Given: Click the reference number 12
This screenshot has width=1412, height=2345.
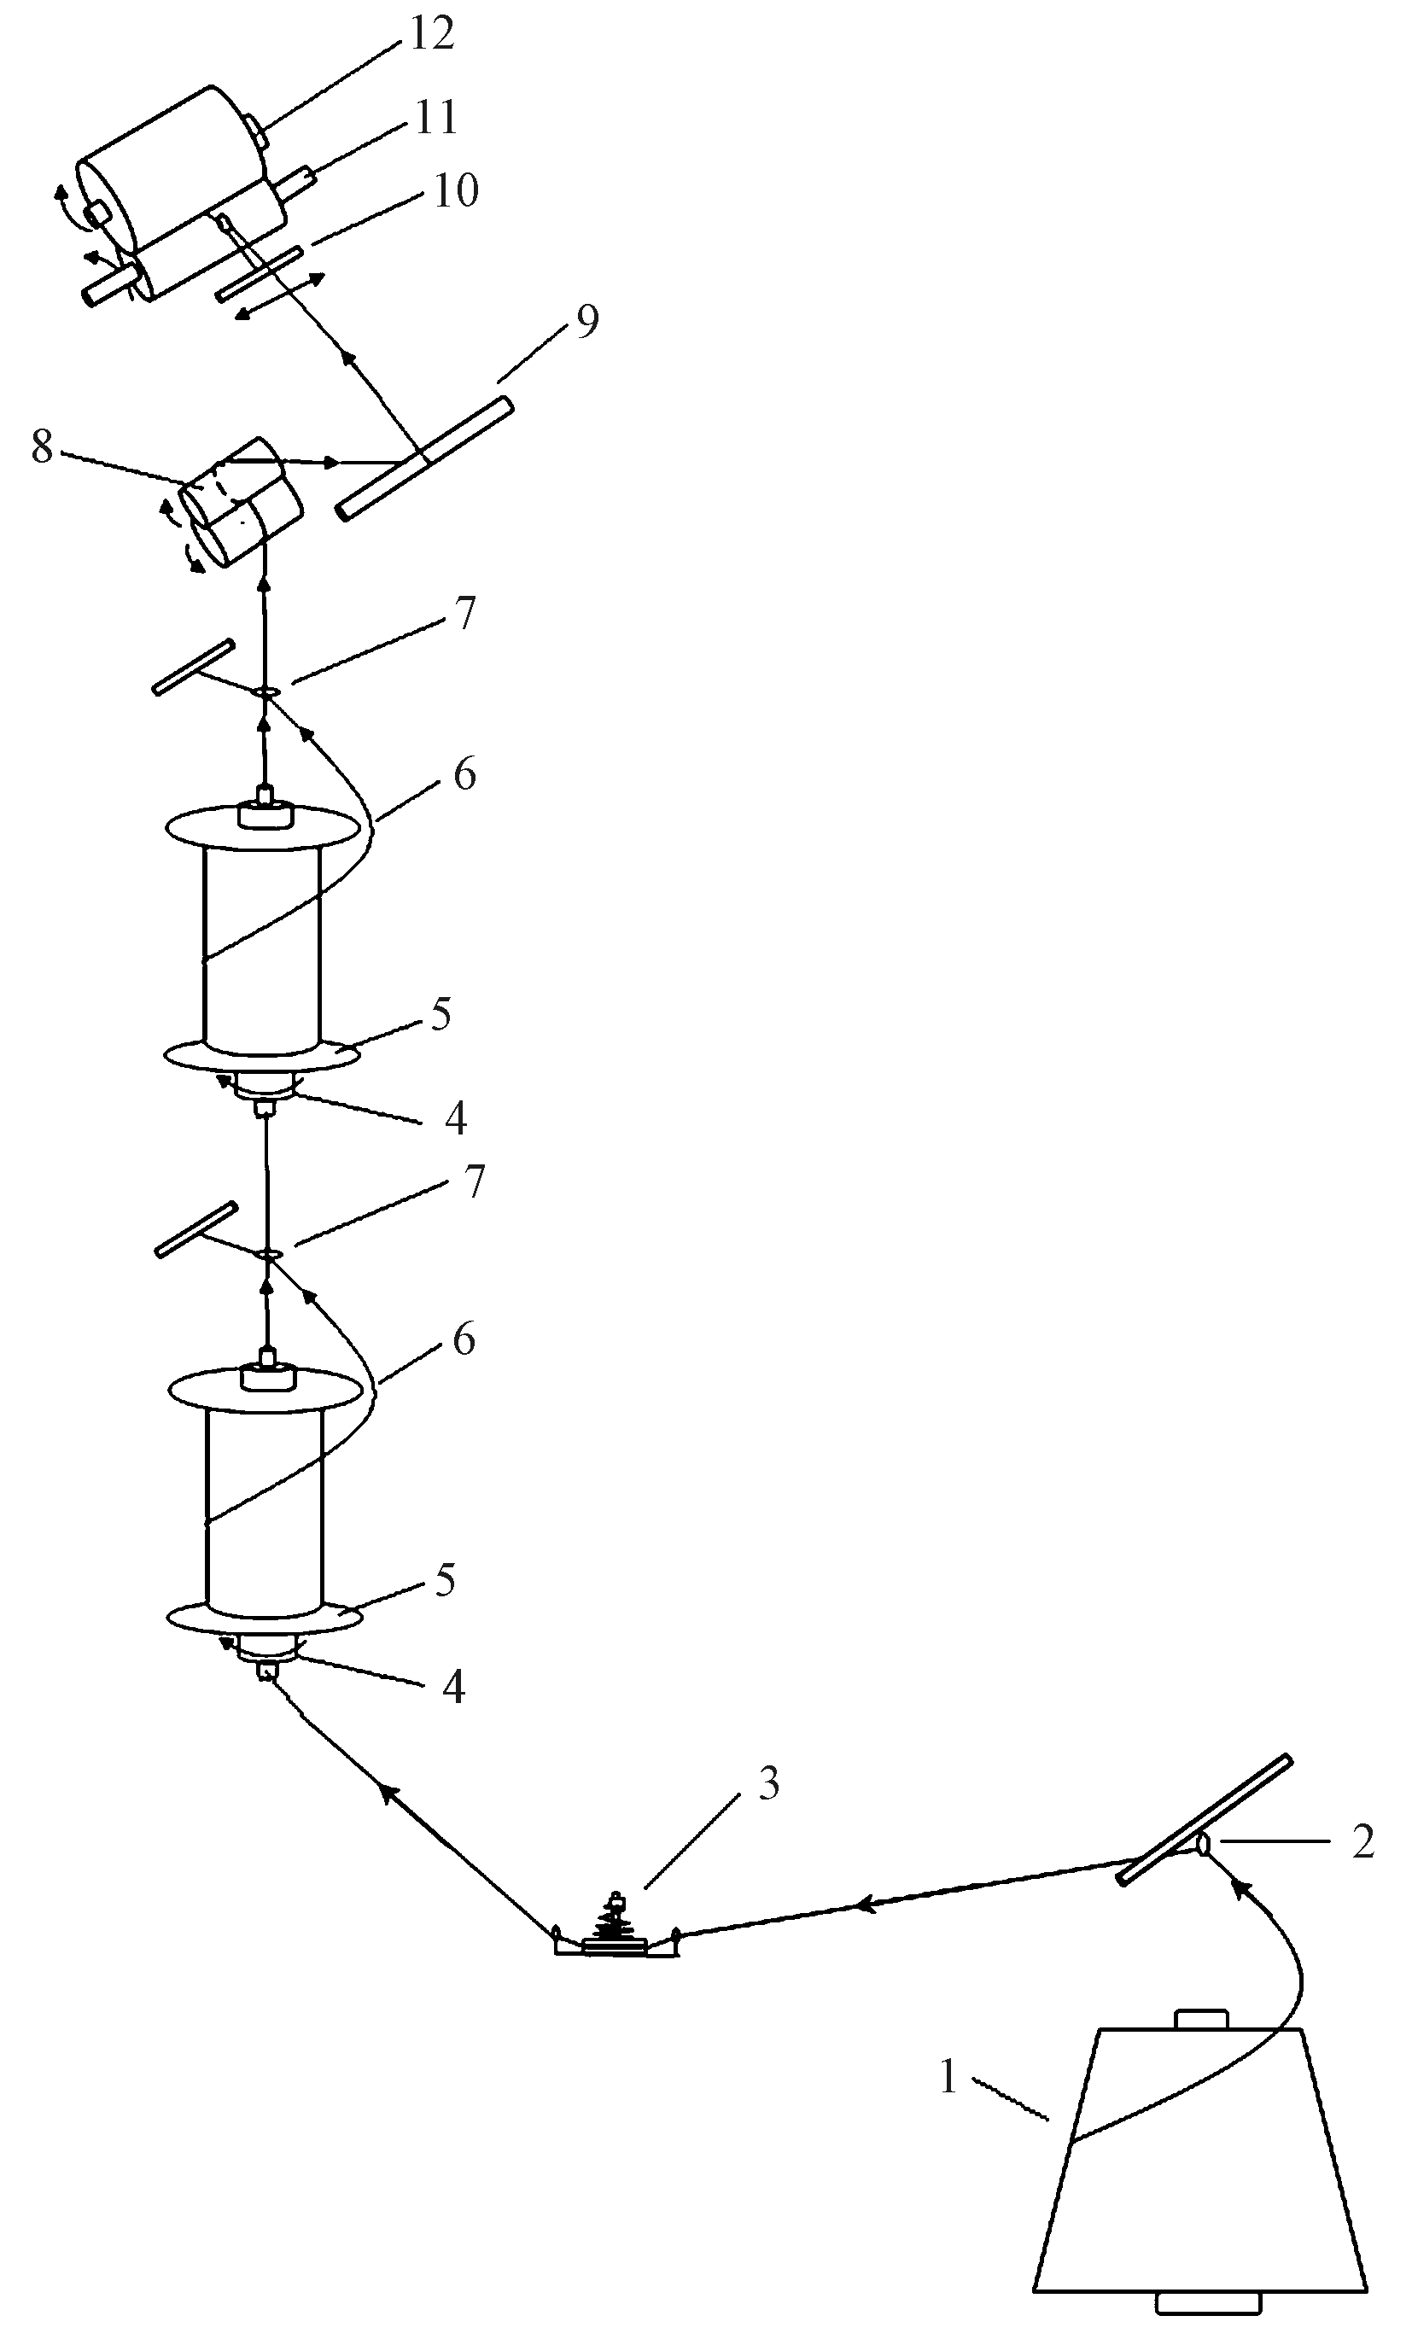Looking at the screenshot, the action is click(432, 33).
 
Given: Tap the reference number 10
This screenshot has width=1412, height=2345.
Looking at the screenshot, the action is click(456, 190).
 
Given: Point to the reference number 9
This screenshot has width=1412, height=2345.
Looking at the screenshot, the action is click(588, 322).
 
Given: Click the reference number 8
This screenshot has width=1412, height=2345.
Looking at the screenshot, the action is click(42, 446).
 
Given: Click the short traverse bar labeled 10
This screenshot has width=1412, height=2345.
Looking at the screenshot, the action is click(259, 274).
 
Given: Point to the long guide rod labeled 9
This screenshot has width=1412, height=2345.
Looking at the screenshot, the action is click(424, 458).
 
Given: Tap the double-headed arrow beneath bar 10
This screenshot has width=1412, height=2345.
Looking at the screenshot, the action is click(280, 297).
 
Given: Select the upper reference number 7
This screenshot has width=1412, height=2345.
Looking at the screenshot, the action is click(464, 614).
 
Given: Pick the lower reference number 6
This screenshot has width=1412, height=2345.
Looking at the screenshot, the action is click(464, 1339).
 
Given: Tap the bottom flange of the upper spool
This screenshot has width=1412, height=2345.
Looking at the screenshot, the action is click(263, 1055).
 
